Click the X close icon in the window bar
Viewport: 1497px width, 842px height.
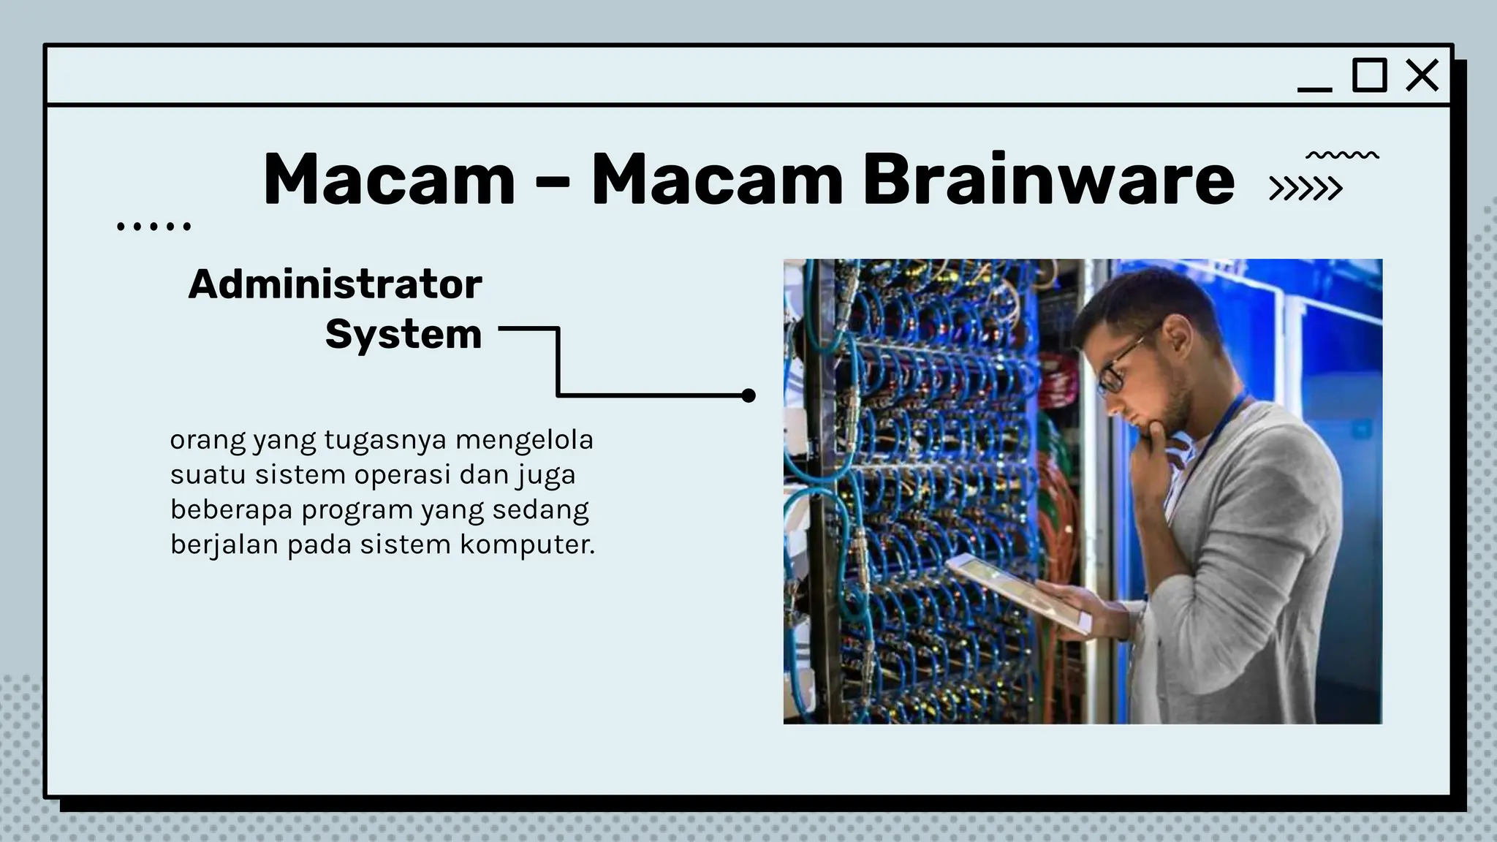tap(1422, 75)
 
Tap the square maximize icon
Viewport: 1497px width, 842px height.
tap(1369, 75)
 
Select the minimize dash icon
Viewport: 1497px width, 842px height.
tap(1314, 90)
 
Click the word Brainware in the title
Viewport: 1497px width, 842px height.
tap(1048, 179)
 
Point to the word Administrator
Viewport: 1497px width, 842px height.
tap(335, 284)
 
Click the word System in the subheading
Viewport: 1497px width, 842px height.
tap(403, 335)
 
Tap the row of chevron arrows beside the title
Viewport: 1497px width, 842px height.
tap(1305, 189)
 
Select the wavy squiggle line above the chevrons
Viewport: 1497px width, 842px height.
tap(1342, 155)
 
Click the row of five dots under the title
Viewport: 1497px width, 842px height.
tap(154, 227)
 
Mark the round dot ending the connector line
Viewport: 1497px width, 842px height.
tap(748, 395)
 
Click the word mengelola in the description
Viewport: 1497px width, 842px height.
tap(524, 440)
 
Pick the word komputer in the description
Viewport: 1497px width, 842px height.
tap(527, 545)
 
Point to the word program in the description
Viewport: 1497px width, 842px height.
tap(357, 510)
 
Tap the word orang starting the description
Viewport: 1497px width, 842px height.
tap(208, 441)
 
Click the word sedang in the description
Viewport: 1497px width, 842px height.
tap(540, 510)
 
